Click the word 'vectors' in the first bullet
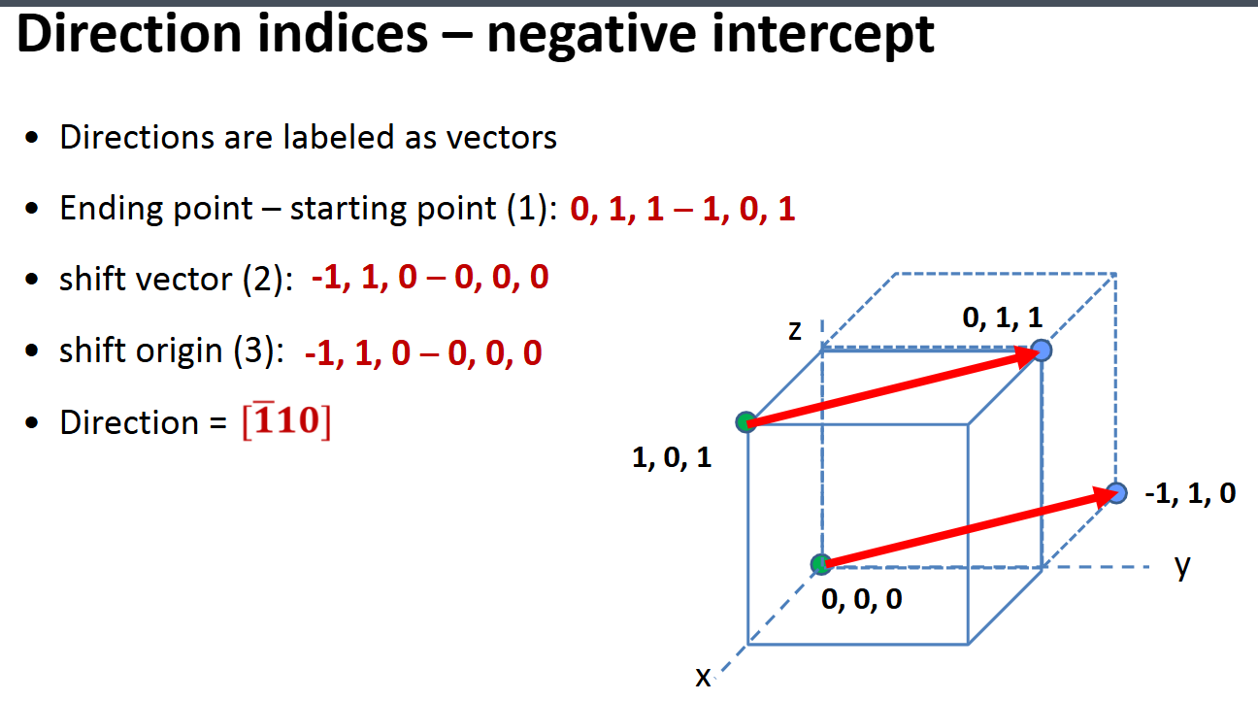click(501, 138)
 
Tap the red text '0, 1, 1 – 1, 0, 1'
click(682, 210)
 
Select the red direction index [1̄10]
click(284, 423)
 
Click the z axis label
click(795, 331)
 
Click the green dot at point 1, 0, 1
click(745, 422)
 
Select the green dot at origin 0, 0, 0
click(821, 563)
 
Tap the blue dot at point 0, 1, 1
click(1042, 350)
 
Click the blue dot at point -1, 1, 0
click(1117, 492)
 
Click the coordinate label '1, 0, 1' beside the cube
click(672, 458)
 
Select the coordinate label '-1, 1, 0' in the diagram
click(1190, 494)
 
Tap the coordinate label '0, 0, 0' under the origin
click(861, 600)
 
